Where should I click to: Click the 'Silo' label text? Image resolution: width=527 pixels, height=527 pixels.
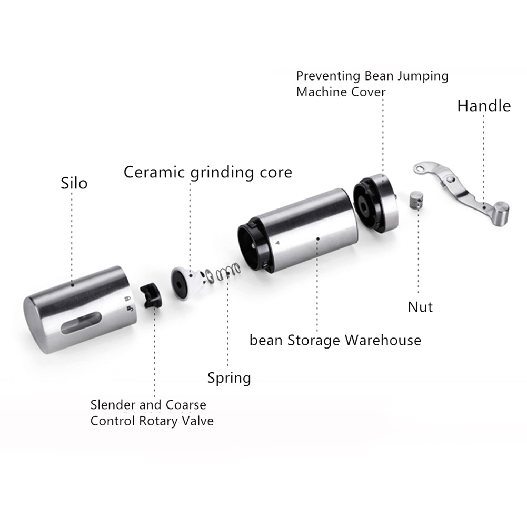pyautogui.click(x=74, y=183)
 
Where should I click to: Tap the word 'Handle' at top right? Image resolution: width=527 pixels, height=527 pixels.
pyautogui.click(x=484, y=106)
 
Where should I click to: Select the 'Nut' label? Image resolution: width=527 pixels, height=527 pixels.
pyautogui.click(x=420, y=307)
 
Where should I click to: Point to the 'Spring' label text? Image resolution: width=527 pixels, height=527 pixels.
pyautogui.click(x=229, y=378)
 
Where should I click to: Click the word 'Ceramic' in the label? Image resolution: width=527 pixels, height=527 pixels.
pyautogui.click(x=154, y=172)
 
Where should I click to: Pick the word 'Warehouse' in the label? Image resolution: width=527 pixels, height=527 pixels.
pyautogui.click(x=383, y=340)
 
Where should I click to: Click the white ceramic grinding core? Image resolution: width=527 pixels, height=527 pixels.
pyautogui.click(x=188, y=283)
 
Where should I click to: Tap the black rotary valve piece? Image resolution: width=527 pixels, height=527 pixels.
pyautogui.click(x=151, y=296)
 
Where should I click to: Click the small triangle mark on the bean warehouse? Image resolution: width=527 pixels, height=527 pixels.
pyautogui.click(x=277, y=242)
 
